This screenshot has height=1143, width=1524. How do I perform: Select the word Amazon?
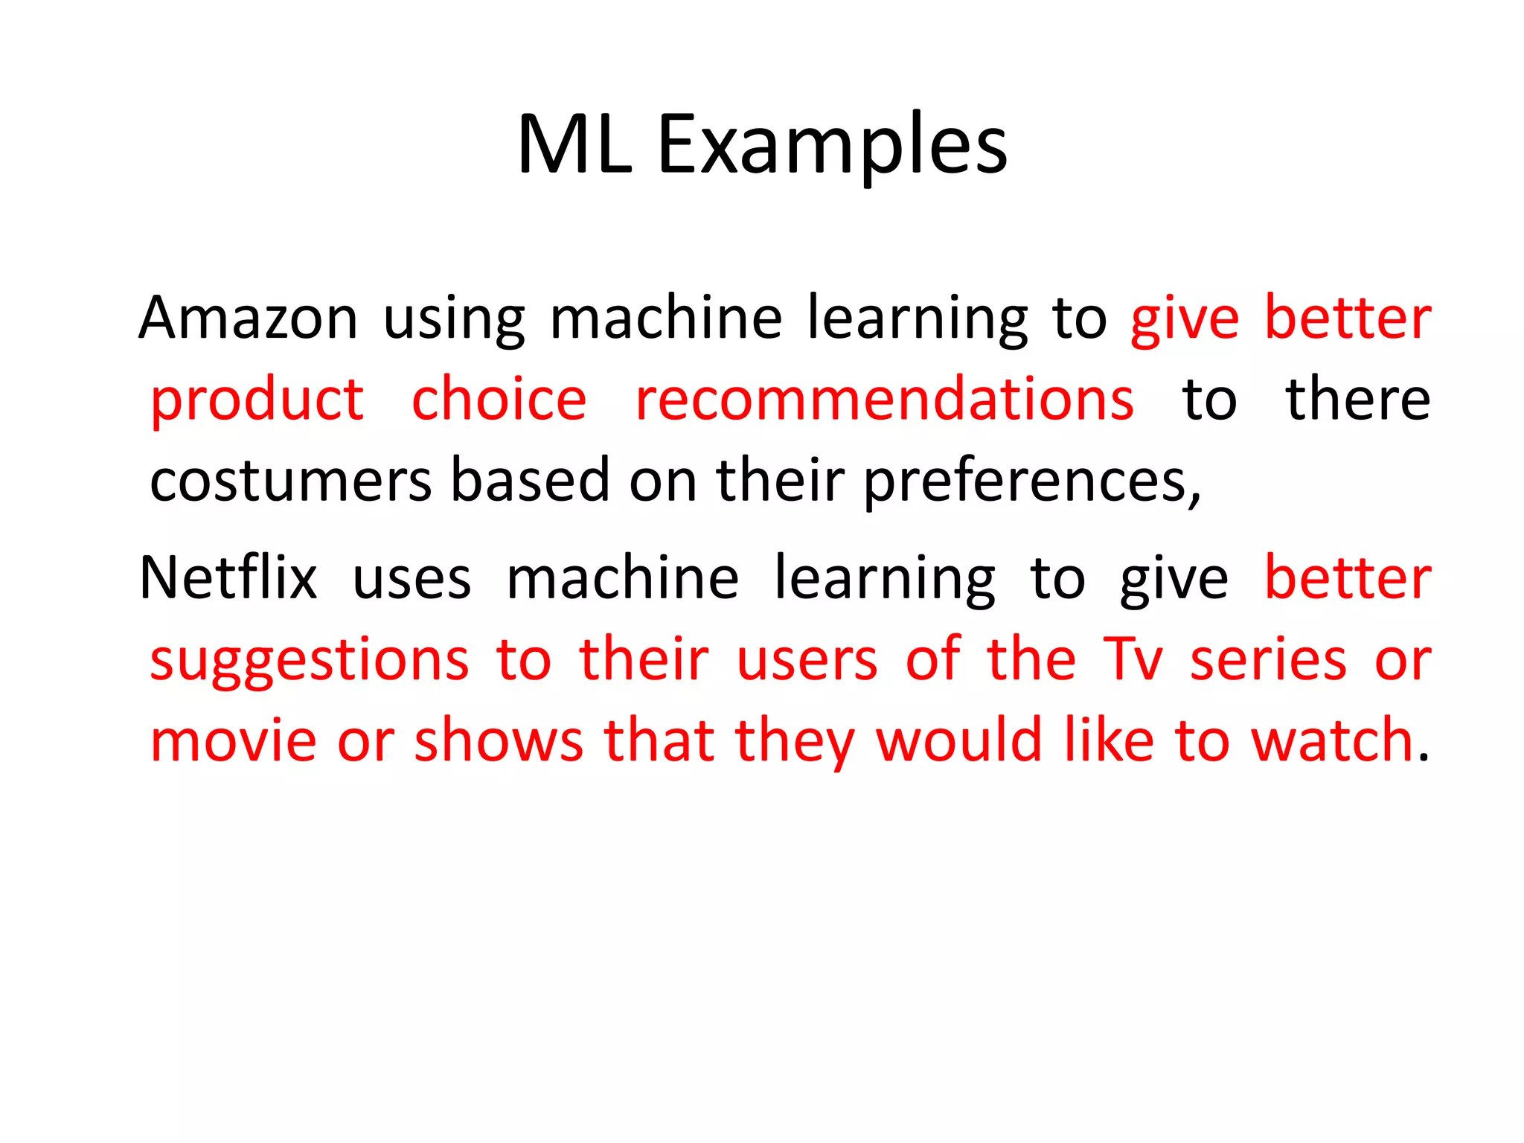tap(248, 318)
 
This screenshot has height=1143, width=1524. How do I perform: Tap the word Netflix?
tap(228, 578)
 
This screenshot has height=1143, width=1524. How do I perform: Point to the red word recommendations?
tap(884, 400)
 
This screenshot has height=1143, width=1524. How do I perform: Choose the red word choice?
tap(499, 400)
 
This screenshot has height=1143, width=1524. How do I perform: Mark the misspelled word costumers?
tap(290, 481)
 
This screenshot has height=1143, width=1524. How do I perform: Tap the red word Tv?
tap(1132, 659)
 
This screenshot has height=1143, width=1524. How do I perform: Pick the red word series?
tap(1268, 659)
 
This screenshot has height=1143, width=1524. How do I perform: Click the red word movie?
tap(233, 741)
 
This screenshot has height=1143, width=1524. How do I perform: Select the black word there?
tap(1358, 400)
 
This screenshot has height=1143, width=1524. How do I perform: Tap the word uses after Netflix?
tap(412, 580)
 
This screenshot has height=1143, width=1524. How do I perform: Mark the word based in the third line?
tap(531, 481)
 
